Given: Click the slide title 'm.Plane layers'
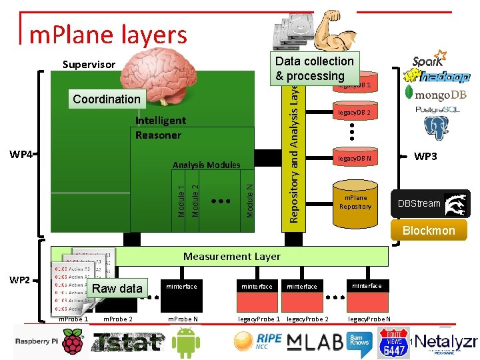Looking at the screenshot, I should [108, 34].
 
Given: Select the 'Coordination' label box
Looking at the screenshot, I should [107, 99].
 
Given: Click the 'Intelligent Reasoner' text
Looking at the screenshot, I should [160, 127].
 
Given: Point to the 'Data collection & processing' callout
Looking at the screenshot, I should [314, 68].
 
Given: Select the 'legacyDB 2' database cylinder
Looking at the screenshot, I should [354, 114].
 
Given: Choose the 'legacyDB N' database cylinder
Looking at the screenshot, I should [354, 159].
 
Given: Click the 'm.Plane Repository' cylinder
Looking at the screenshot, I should [355, 203].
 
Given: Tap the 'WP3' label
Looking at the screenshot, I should [425, 156].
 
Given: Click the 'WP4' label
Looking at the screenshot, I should [21, 155].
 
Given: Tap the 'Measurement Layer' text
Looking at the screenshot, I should [232, 256].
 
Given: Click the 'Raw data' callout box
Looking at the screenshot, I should [117, 289].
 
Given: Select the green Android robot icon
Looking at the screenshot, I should [186, 341].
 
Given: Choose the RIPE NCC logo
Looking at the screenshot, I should [257, 341].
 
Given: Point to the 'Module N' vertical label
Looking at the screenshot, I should [249, 201].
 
